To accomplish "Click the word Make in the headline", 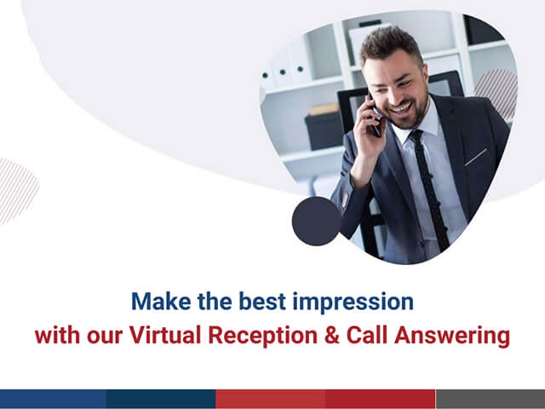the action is click(161, 301).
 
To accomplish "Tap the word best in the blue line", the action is click(262, 301).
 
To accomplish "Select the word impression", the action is click(353, 302).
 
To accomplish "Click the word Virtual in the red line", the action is click(165, 335).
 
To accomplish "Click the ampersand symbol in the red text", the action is click(332, 335).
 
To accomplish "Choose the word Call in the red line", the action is click(367, 335).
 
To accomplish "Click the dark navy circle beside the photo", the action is click(316, 222).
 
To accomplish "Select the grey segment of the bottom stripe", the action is click(490, 399).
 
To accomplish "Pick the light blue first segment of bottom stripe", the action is click(53, 399).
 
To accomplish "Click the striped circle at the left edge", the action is click(17, 191).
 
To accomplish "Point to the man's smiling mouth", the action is click(402, 108).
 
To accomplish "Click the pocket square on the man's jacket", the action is click(475, 158).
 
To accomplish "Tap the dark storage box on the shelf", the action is click(324, 131).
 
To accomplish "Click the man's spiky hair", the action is click(391, 43).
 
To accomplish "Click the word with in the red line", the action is click(57, 335).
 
